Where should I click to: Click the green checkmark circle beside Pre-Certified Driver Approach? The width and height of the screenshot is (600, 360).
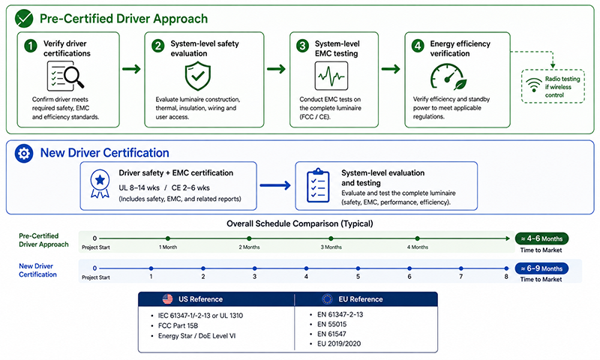click(x=24, y=18)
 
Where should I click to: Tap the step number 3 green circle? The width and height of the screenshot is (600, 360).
click(x=303, y=46)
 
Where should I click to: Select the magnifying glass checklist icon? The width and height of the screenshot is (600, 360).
click(x=65, y=76)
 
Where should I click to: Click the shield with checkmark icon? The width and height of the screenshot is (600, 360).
click(x=198, y=76)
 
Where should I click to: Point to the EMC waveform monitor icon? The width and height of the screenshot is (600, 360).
click(x=331, y=76)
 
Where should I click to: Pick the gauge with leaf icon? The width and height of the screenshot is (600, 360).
click(x=448, y=76)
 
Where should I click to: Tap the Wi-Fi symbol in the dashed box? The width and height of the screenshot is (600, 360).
click(x=533, y=85)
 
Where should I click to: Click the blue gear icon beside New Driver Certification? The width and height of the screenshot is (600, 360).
click(x=24, y=154)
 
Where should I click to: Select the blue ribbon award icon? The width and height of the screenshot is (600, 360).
click(x=100, y=184)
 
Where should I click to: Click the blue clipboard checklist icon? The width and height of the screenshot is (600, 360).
click(x=318, y=185)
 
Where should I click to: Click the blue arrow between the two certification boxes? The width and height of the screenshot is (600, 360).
click(x=275, y=185)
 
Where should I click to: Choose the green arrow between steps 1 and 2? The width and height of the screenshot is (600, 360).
click(x=132, y=69)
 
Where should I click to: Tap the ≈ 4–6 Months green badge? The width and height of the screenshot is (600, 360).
click(x=541, y=238)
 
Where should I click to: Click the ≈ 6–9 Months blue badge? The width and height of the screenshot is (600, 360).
click(x=541, y=268)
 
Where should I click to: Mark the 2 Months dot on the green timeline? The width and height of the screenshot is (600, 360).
click(x=249, y=238)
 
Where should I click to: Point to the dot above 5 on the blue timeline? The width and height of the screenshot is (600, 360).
click(x=358, y=268)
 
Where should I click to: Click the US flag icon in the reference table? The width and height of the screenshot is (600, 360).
click(x=167, y=298)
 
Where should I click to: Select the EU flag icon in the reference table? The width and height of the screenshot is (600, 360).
click(x=327, y=298)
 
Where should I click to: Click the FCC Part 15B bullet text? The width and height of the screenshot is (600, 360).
click(x=178, y=325)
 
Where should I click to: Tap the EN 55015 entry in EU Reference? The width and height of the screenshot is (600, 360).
click(x=331, y=324)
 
